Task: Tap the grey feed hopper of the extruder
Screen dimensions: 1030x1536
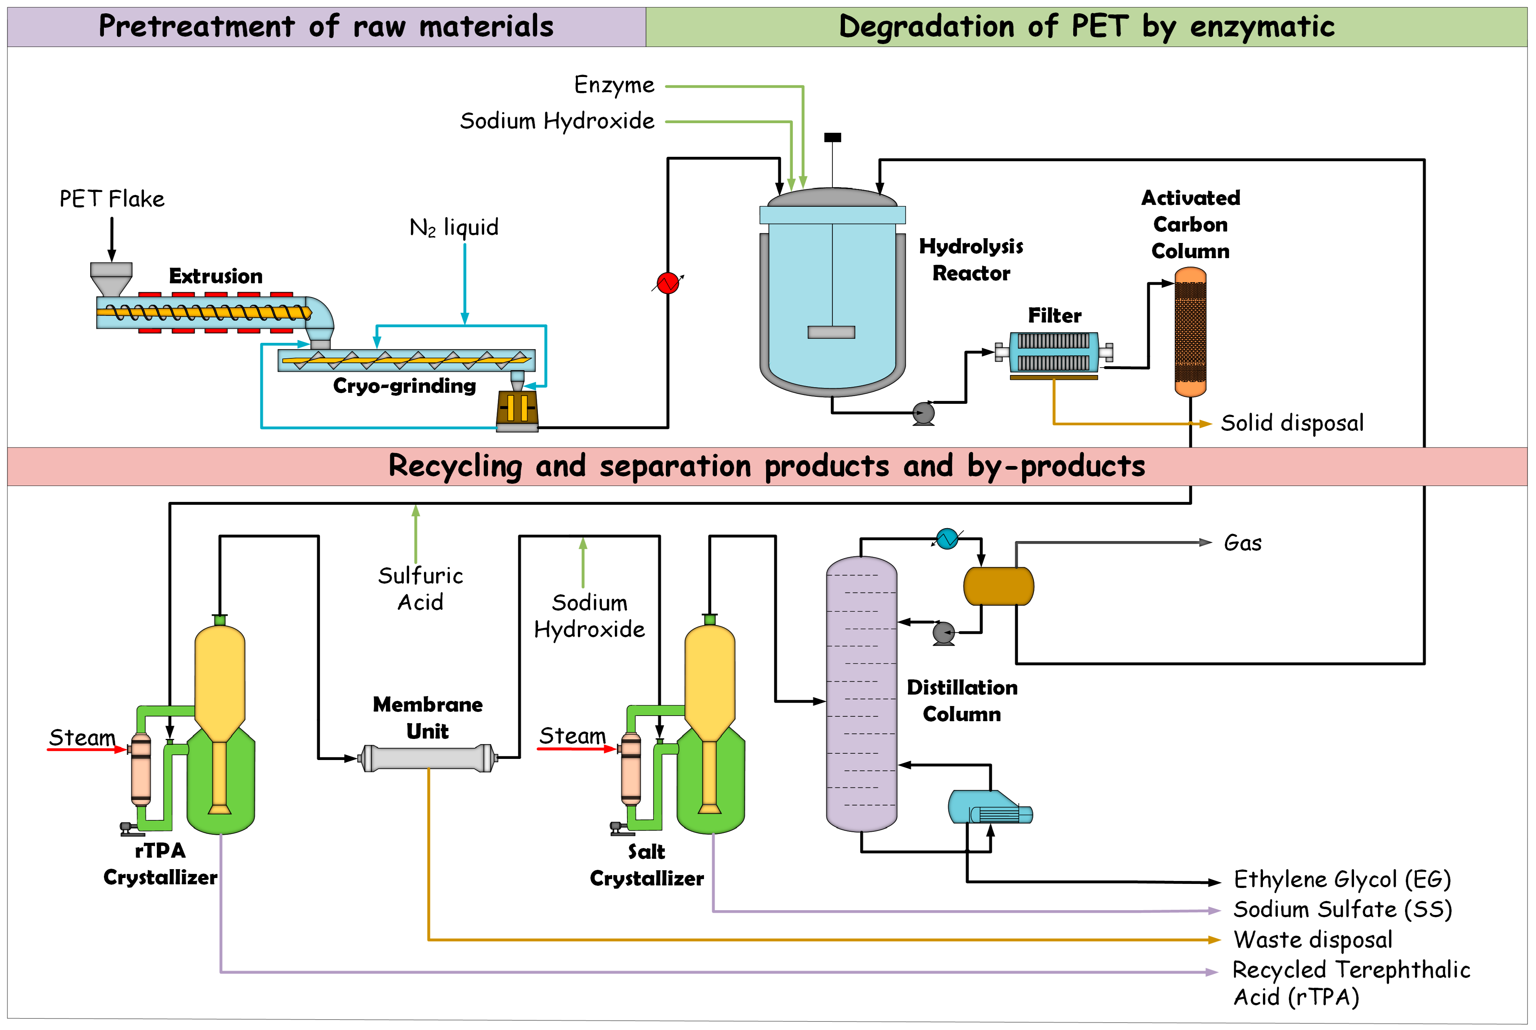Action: (111, 277)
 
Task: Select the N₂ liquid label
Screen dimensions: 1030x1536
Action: (454, 227)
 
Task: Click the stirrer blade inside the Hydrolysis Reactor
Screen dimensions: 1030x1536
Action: (831, 332)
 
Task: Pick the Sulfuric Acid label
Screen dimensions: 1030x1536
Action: (421, 588)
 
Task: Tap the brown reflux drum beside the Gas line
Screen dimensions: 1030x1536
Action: (998, 586)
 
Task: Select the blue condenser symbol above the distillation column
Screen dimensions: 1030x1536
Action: (947, 538)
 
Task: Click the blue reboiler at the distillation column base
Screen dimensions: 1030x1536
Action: (989, 808)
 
